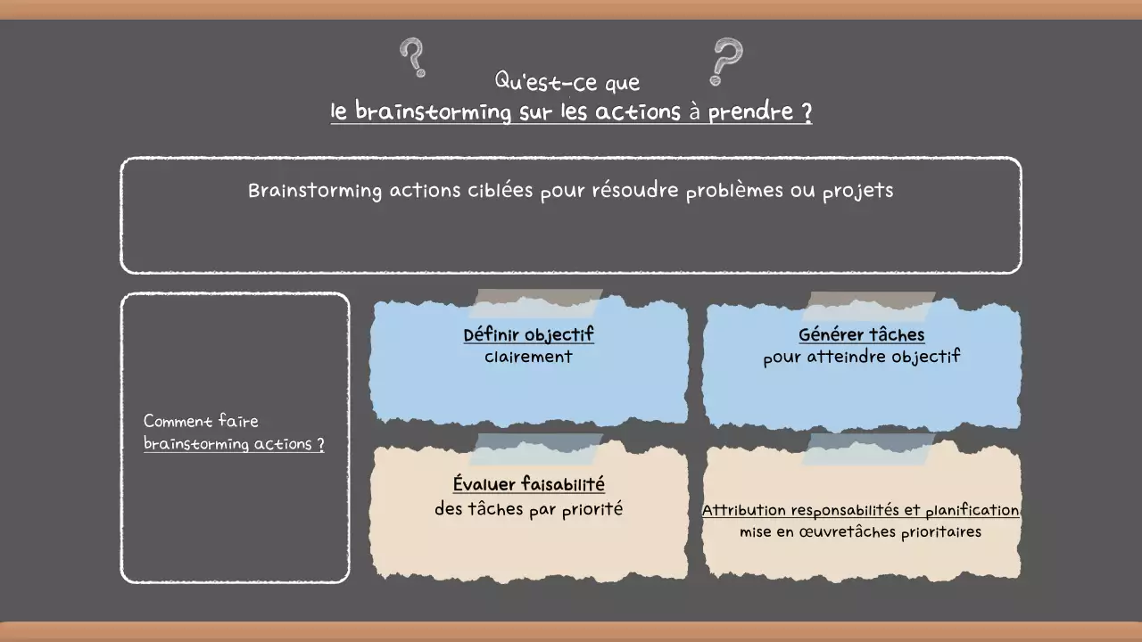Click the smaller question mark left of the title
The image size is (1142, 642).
coord(412,57)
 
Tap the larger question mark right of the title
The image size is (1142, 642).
coord(725,61)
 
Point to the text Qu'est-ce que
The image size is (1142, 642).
coord(567,82)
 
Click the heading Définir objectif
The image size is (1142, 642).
coord(528,335)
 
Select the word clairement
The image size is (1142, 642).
coord(528,357)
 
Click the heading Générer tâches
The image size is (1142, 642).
coord(862,335)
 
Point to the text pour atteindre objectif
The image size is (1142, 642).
coord(862,358)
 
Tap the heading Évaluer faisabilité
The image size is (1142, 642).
coord(528,485)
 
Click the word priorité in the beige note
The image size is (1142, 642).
coord(592,510)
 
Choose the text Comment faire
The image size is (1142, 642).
coord(201,421)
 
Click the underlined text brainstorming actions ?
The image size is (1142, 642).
coord(234,444)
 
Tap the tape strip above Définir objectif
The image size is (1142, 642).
coord(535,303)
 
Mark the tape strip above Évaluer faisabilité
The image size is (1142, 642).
coord(535,449)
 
